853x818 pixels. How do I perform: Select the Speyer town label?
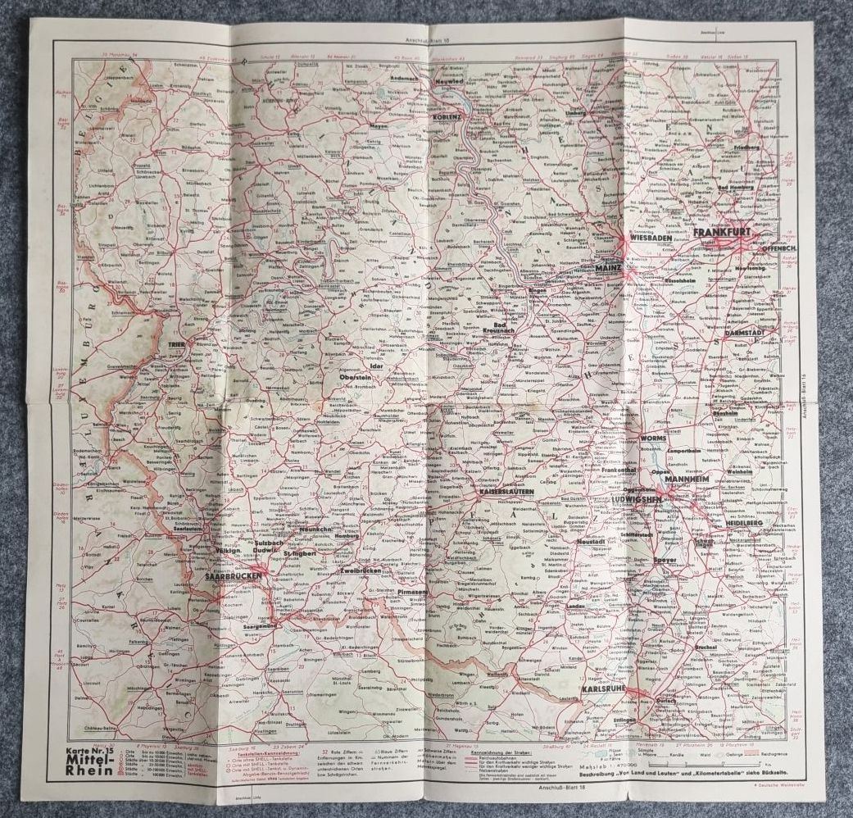pos(665,561)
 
